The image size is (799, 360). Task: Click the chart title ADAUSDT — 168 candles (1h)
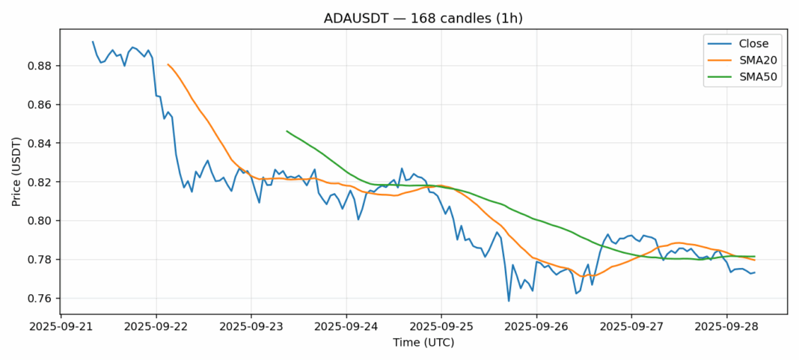[x=399, y=17]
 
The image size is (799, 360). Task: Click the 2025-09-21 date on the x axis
[x=61, y=326]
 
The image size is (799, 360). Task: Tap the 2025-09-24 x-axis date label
[x=346, y=326]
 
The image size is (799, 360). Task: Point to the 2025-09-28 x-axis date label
[x=726, y=326]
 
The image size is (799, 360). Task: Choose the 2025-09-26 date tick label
[x=536, y=326]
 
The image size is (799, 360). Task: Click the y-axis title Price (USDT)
[x=16, y=171]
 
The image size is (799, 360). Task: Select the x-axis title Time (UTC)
[x=423, y=343]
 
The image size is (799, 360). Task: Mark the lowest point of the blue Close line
[x=509, y=301]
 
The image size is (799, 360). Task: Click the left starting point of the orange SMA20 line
[x=168, y=64]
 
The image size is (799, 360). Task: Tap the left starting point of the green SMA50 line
[x=287, y=131]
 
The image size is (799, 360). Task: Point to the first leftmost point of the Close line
[x=93, y=42]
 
